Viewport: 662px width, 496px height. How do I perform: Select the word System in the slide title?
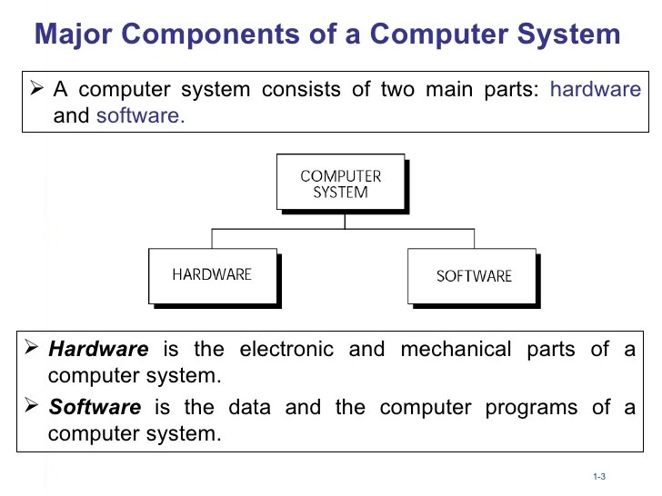[x=570, y=35]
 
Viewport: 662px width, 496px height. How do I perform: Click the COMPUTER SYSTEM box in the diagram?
[x=340, y=184]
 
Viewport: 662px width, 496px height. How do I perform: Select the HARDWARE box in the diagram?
[x=212, y=275]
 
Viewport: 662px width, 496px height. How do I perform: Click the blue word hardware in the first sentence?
[x=596, y=90]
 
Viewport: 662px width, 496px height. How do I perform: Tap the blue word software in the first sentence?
[x=140, y=116]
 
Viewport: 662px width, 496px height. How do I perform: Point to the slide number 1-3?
[x=598, y=478]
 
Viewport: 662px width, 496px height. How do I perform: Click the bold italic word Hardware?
[x=98, y=349]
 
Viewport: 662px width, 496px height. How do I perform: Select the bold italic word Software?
[x=95, y=407]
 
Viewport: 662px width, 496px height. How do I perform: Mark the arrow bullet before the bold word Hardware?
[x=33, y=348]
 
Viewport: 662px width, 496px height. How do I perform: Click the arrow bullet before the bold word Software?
[x=33, y=406]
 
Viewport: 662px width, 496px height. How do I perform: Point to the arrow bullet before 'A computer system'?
[x=37, y=89]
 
